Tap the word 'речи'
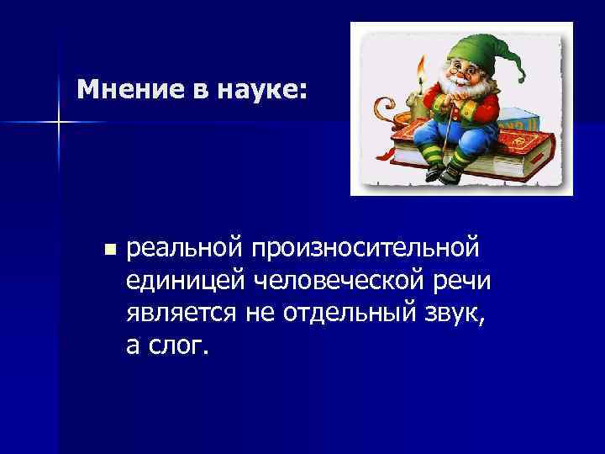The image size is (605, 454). coord(461,281)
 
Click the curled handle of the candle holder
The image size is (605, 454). coord(381,109)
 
